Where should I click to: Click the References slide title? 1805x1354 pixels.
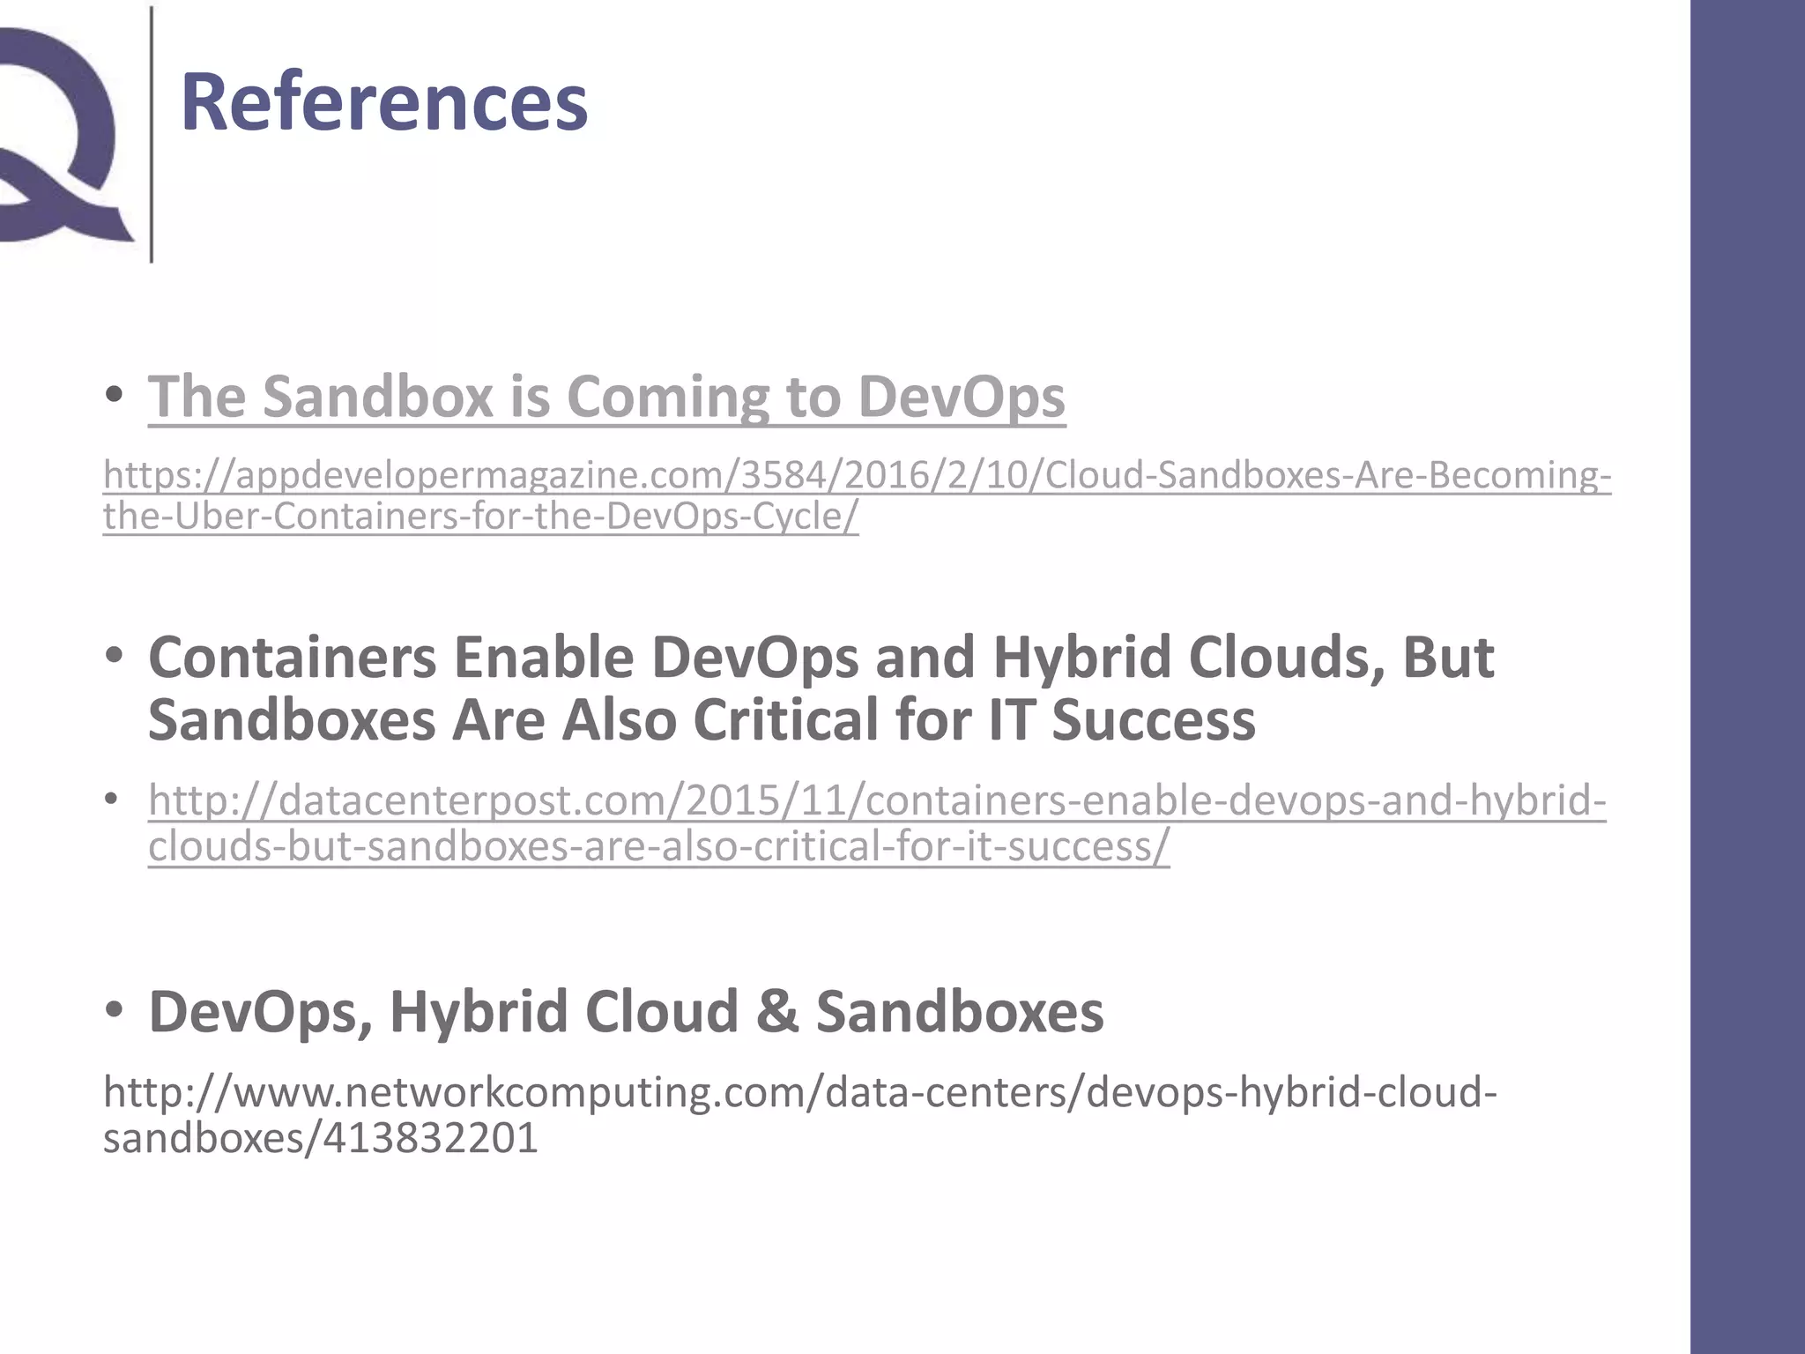click(383, 103)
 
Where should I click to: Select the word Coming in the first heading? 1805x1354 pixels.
click(670, 397)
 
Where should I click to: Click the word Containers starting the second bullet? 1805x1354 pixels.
click(292, 658)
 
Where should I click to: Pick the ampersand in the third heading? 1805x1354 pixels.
click(776, 1012)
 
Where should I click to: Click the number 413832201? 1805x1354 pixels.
click(430, 1138)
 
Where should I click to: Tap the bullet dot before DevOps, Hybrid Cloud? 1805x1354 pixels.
click(114, 1010)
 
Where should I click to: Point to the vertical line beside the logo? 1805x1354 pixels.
click(152, 132)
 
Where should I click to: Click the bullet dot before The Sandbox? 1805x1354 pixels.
click(114, 395)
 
